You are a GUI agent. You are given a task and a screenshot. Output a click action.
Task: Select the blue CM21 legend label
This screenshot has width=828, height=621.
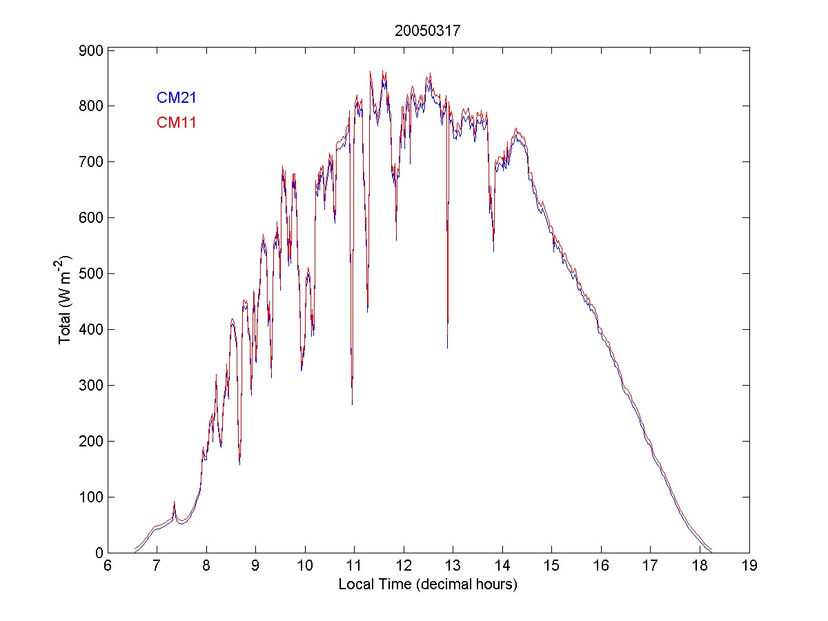177,98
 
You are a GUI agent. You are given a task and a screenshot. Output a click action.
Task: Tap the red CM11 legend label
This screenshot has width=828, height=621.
177,123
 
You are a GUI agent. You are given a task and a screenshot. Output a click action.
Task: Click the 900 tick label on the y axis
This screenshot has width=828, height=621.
90,50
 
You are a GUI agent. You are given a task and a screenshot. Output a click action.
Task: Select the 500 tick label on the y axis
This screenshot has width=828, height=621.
90,274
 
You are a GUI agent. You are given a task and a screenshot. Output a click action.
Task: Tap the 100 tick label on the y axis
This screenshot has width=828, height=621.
90,497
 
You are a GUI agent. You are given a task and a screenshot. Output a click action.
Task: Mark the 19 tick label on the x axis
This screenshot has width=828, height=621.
749,566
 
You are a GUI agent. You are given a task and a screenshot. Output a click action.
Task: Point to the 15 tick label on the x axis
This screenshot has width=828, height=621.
552,566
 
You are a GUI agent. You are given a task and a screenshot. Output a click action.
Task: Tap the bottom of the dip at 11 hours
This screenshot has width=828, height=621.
353,404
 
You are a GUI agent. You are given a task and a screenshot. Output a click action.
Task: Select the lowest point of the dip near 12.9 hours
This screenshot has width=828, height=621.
447,347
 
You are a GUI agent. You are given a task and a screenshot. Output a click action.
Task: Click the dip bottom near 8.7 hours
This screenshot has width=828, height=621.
239,464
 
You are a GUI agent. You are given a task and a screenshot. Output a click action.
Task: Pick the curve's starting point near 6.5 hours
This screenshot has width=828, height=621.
135,551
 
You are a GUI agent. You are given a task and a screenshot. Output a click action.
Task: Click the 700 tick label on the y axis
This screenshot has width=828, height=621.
90,162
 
